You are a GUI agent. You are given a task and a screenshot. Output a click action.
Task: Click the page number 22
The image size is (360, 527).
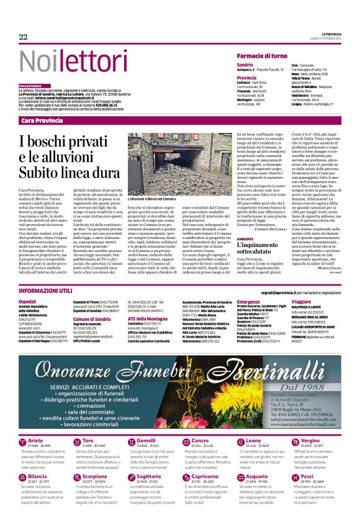pos(23,37)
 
